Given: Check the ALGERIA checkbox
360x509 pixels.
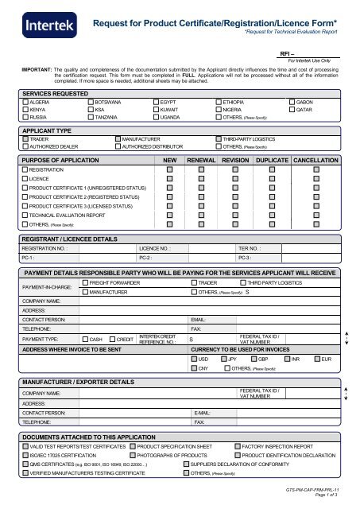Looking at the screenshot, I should [25, 103].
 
